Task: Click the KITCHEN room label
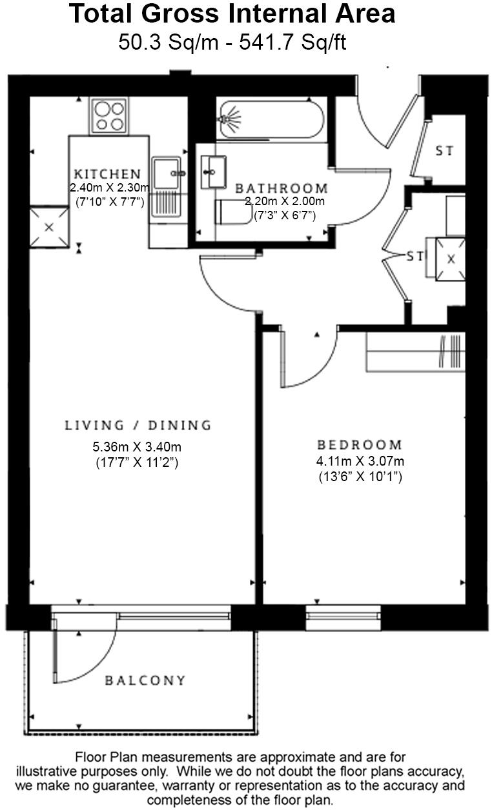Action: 107,174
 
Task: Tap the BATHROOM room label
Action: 281,188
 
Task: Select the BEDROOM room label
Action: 359,445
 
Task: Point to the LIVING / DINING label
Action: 138,426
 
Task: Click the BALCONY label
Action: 145,680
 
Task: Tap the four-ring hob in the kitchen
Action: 108,116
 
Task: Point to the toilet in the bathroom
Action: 232,212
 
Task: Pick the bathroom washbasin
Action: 211,172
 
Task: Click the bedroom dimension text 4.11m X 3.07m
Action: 360,462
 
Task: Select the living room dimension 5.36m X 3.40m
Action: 136,446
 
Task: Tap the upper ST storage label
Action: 444,151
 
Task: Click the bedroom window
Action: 343,617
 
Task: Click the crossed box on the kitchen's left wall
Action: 49,227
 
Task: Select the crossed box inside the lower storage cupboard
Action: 451,258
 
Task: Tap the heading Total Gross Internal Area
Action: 232,14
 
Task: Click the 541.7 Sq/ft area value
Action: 292,43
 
